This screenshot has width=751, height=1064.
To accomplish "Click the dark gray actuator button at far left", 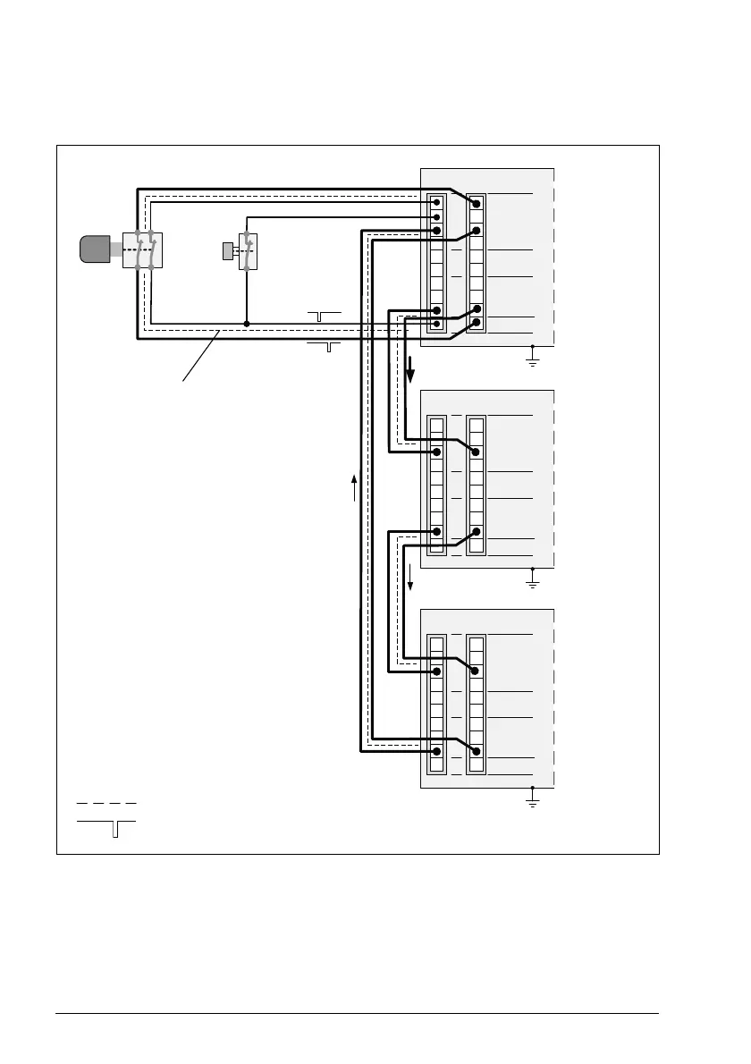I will pos(94,249).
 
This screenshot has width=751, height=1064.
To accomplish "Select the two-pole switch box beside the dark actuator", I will pos(142,249).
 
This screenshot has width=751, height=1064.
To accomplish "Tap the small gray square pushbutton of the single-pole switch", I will pos(228,250).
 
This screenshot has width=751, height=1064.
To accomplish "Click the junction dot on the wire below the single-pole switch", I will pos(246,324).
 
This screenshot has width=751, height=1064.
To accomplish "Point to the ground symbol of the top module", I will pos(532,360).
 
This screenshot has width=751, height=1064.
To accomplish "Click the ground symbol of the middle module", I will pos(532,582).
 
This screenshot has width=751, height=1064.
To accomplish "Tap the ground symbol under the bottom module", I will pos(532,802).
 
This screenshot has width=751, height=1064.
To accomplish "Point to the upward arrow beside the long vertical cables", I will pos(355,487).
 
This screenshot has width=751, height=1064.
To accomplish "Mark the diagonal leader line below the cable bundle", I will pos(202,356).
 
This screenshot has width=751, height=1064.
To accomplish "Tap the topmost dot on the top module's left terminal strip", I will pos(436,203).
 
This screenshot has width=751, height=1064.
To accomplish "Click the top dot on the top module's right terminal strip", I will pos(477,204).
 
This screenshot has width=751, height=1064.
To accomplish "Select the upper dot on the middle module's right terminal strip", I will pos(477,452).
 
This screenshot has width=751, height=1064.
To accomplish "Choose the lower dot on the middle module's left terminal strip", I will pos(436,531).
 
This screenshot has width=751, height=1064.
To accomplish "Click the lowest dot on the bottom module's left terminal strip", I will pos(436,752).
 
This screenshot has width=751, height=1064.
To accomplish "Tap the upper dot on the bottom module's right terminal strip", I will pos(477,671).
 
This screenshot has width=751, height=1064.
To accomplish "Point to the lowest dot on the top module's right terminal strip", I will pos(477,323).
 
